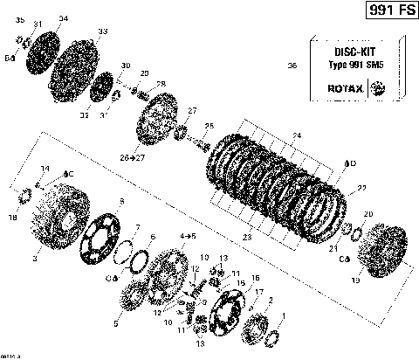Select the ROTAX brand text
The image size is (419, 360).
[343, 88]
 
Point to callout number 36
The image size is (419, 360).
[292, 66]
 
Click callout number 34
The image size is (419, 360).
[62, 18]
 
